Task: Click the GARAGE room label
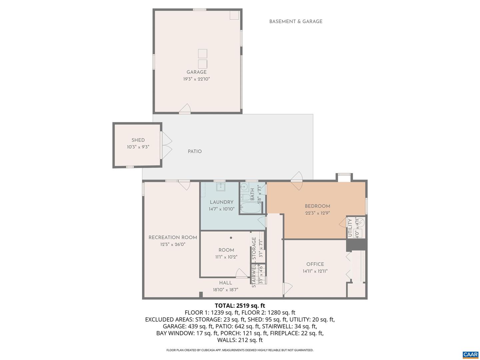[196, 72]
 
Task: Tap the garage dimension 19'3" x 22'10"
[196, 79]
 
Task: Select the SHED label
[138, 140]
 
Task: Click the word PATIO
[195, 151]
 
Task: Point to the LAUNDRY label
[221, 202]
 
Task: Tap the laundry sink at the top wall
[220, 187]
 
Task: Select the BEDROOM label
[317, 206]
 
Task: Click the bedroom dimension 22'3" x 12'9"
[317, 213]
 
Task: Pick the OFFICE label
[315, 264]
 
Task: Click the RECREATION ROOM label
[173, 237]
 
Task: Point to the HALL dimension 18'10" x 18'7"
[226, 290]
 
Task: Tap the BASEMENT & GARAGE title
[296, 21]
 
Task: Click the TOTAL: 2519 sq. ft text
[240, 305]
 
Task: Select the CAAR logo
[470, 355]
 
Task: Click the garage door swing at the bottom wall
[185, 108]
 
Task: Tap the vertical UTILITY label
[350, 228]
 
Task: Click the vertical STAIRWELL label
[254, 276]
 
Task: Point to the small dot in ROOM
[231, 238]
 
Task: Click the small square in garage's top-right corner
[234, 15]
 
